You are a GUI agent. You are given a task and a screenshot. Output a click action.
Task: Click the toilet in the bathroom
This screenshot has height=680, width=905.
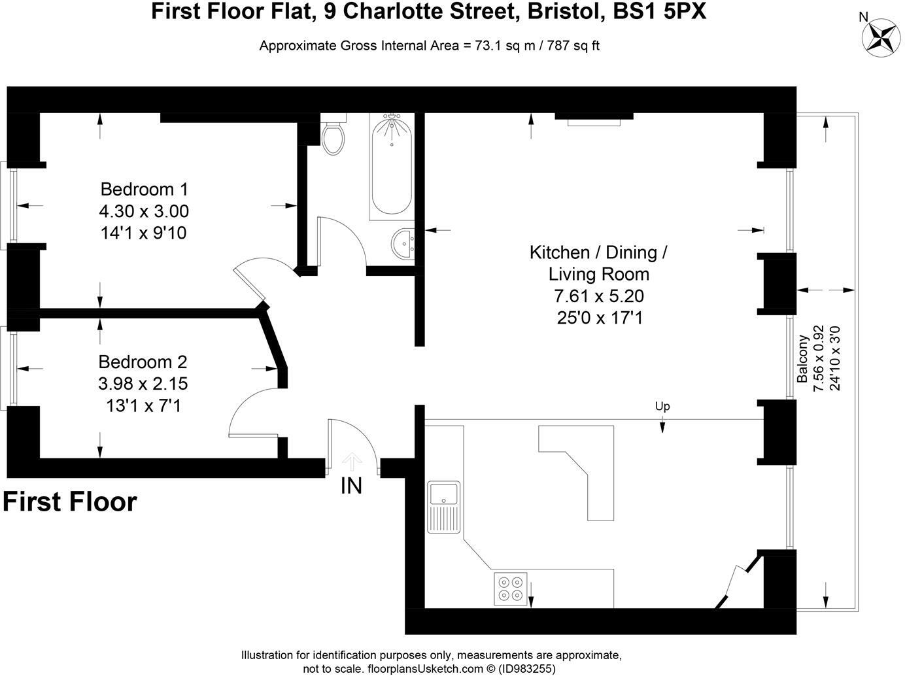tap(333, 137)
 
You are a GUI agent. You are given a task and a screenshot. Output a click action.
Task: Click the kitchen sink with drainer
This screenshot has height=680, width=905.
tap(444, 507)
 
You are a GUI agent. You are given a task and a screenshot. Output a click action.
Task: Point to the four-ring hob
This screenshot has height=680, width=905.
tap(511, 588)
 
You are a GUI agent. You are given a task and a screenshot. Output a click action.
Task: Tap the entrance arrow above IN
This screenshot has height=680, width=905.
tap(352, 462)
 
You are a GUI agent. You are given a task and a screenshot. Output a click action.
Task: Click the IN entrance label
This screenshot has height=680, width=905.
tap(351, 486)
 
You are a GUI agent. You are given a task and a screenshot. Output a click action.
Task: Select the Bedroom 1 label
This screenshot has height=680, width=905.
tap(144, 190)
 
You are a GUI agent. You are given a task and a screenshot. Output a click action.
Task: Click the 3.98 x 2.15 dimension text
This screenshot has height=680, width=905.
tap(143, 384)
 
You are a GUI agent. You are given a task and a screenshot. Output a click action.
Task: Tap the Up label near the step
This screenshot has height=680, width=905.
tap(662, 407)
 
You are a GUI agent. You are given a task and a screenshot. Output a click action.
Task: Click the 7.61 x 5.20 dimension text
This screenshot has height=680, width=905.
tap(598, 296)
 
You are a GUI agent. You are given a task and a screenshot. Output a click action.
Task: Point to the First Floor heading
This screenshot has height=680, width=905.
tap(70, 502)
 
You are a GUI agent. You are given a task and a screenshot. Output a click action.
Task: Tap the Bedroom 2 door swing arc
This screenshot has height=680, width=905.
tap(252, 409)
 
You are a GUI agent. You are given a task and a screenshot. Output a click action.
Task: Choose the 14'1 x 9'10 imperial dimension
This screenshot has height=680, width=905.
tap(144, 233)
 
